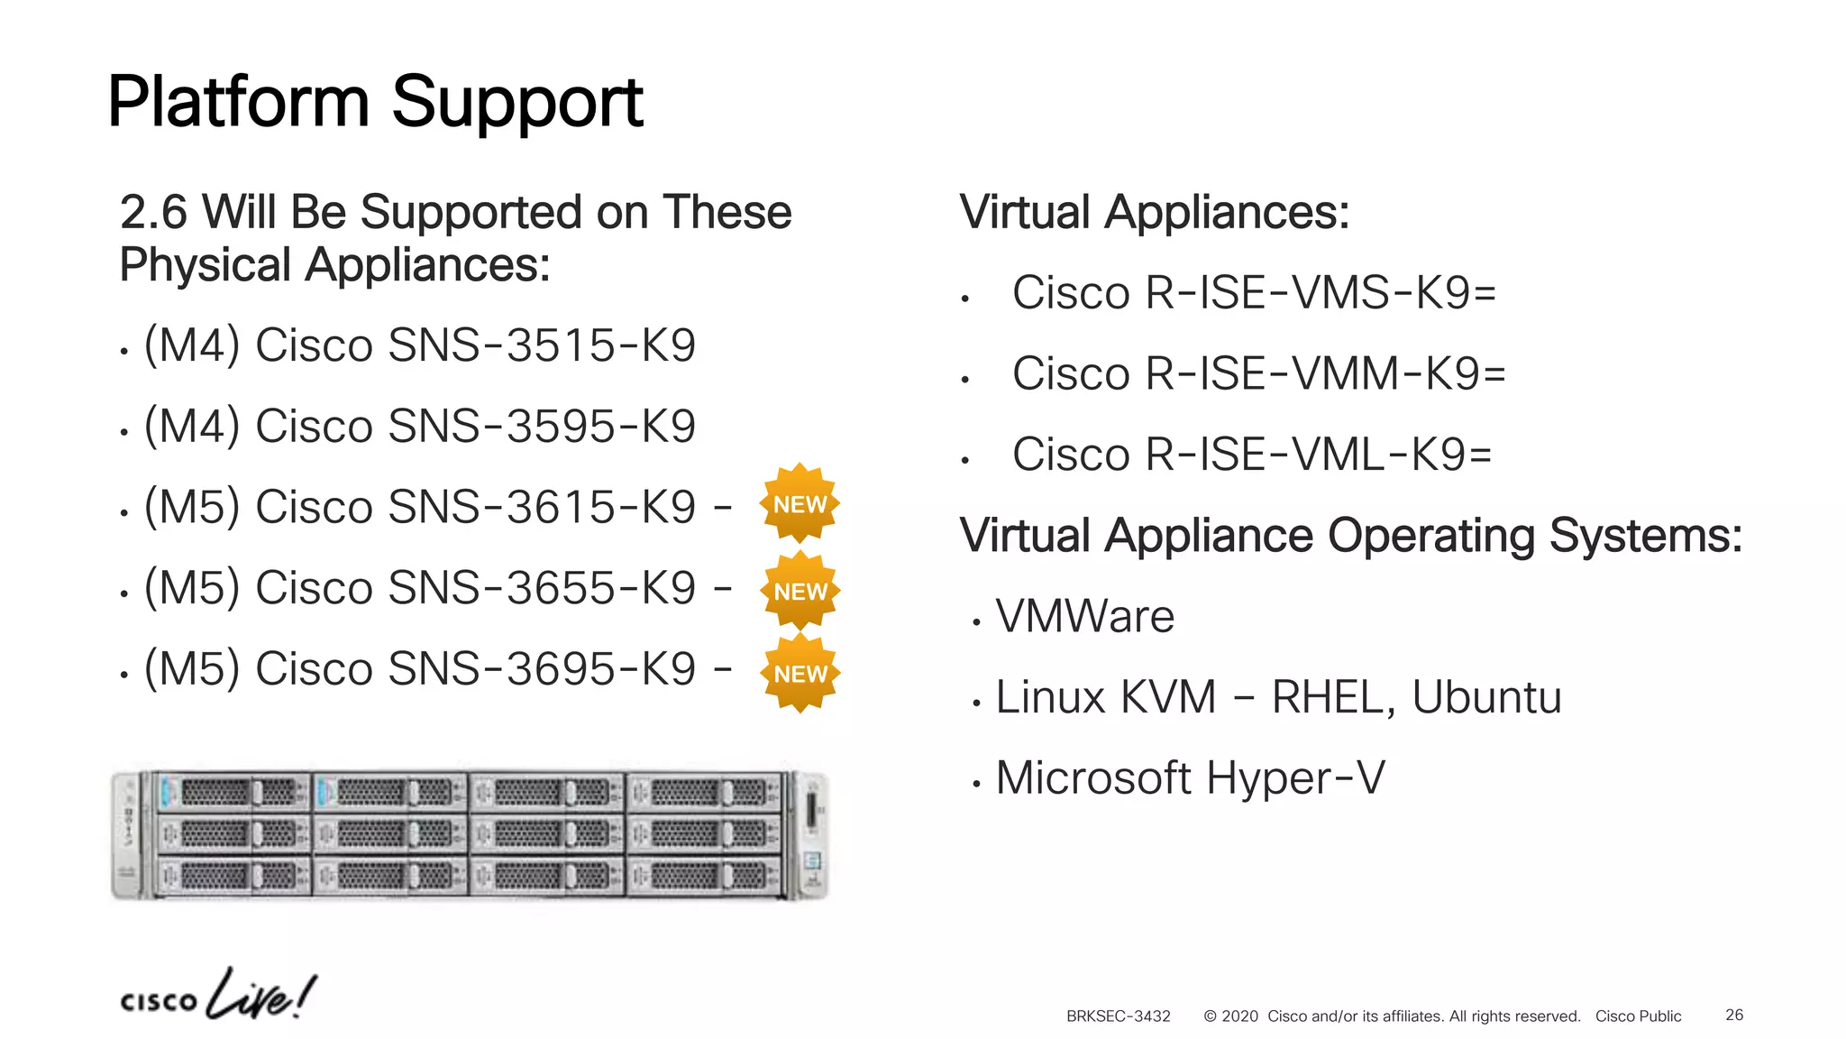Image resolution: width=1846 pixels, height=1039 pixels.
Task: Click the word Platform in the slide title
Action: [238, 102]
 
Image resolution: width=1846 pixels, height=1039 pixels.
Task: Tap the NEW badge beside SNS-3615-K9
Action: [800, 504]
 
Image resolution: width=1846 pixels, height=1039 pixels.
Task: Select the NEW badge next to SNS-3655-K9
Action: [800, 591]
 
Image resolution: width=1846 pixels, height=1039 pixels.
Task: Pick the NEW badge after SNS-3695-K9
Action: [800, 674]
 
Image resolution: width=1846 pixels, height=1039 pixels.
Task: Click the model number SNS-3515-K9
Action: [542, 345]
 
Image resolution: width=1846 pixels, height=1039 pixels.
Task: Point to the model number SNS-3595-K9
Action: [542, 427]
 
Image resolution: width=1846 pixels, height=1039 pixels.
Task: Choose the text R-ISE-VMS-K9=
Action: [1321, 293]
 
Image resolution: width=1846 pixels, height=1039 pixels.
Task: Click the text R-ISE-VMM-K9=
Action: [1325, 374]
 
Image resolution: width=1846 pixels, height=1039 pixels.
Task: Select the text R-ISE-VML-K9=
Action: [1318, 455]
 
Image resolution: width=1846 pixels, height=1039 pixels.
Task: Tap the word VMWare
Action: [1084, 617]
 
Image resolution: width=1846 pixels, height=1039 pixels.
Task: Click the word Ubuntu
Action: [1486, 697]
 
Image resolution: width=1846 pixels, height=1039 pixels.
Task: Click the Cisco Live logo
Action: [218, 997]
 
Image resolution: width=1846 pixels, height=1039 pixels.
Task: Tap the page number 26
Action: [1734, 1016]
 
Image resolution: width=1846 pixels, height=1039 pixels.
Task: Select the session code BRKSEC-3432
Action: [1118, 1016]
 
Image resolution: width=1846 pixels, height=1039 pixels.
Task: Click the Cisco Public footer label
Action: [1638, 1016]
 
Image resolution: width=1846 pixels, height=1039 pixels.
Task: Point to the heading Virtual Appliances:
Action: [1155, 213]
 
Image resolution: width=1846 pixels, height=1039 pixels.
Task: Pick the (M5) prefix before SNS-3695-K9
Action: [192, 669]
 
